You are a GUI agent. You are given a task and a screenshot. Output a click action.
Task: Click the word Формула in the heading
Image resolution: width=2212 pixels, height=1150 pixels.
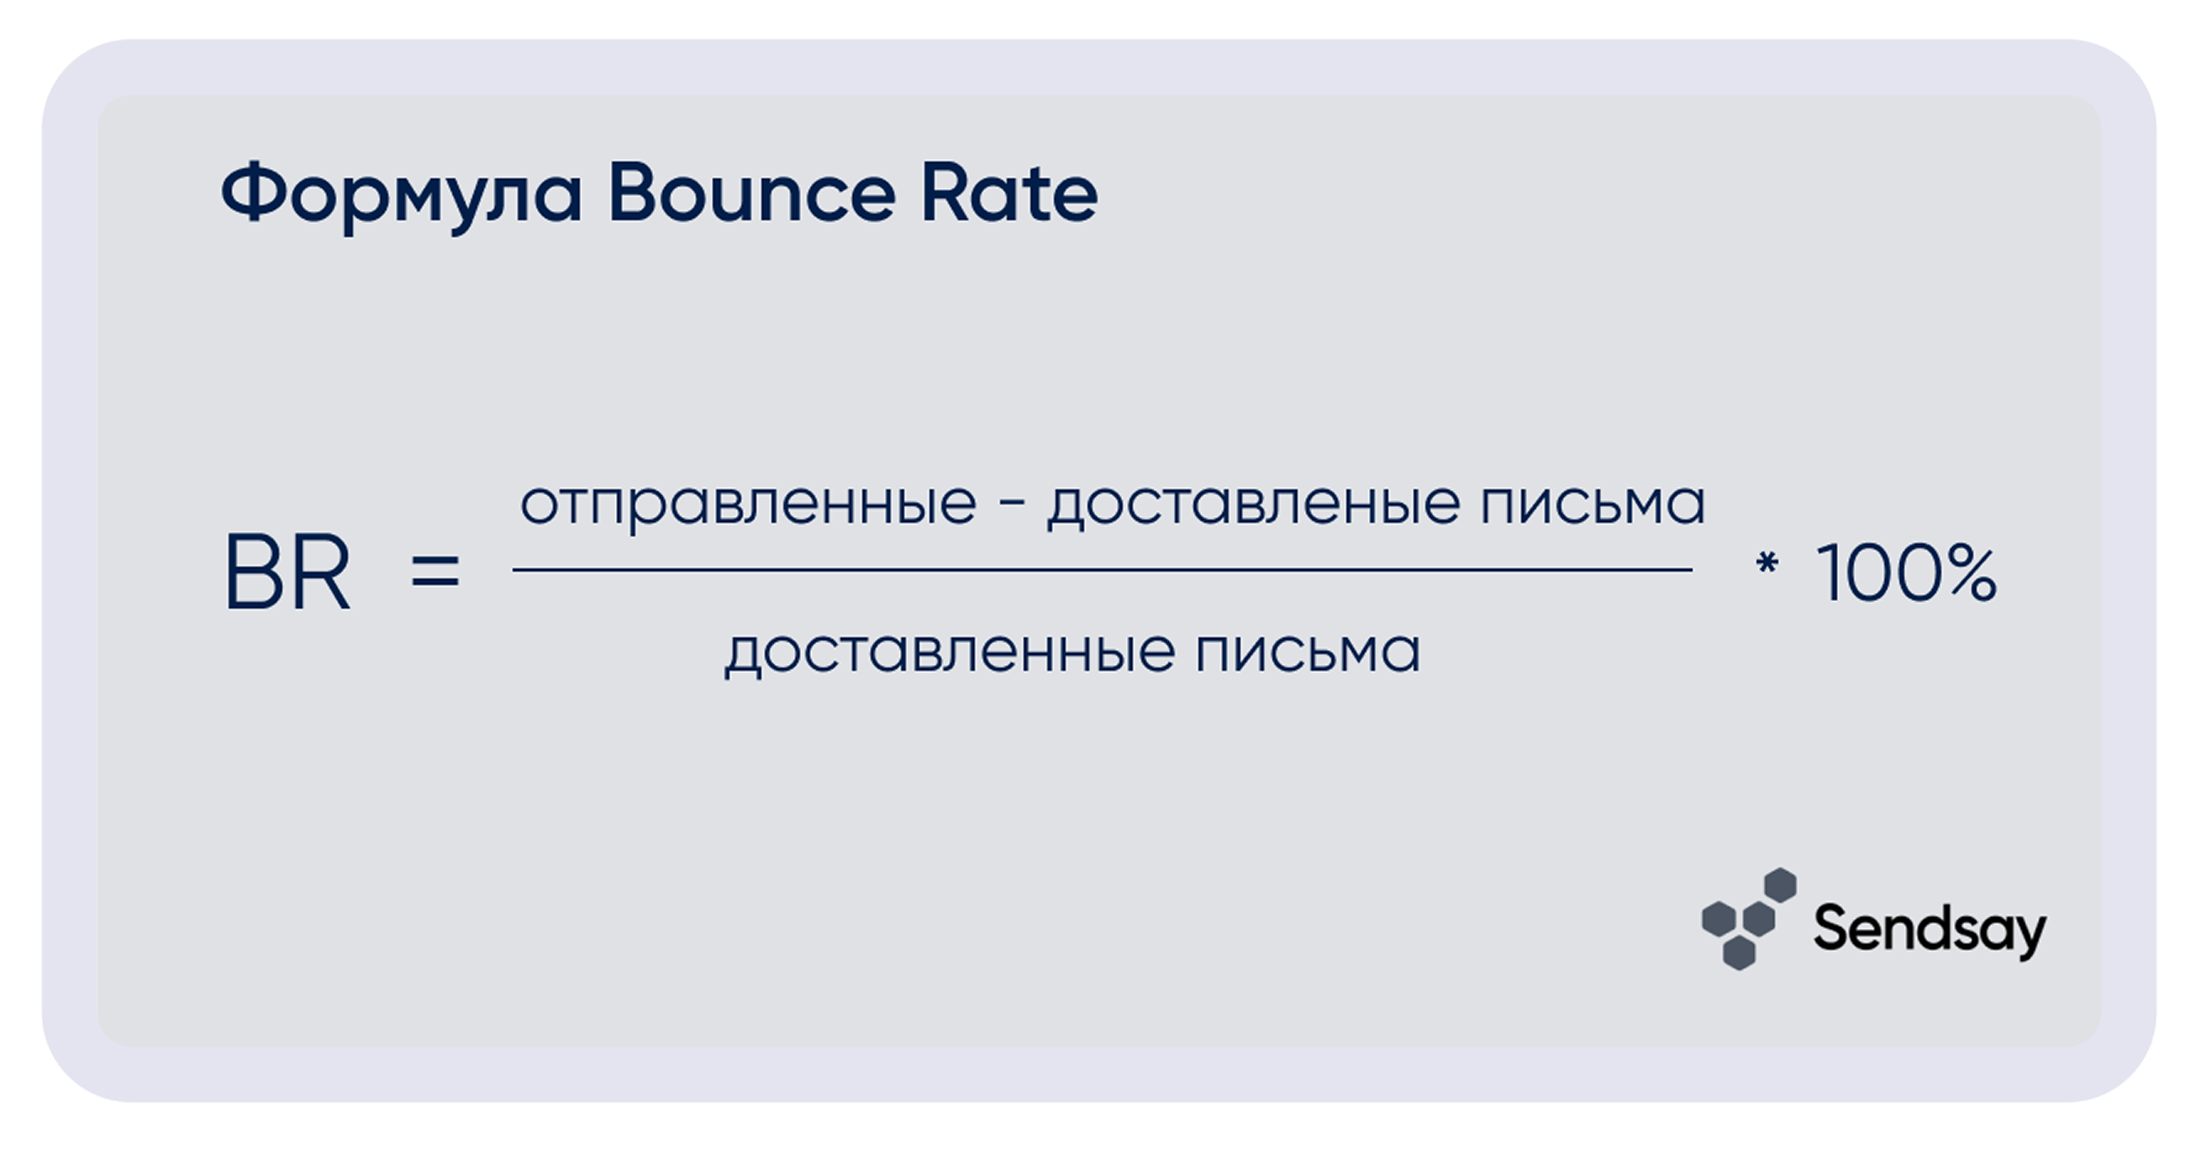[x=402, y=195]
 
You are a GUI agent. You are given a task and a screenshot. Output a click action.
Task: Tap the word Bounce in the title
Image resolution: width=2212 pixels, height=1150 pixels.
[x=752, y=193]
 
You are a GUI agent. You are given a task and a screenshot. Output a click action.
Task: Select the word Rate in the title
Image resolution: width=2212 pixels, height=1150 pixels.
[x=1010, y=193]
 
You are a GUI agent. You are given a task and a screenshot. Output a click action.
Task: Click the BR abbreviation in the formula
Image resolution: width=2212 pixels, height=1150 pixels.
[x=287, y=572]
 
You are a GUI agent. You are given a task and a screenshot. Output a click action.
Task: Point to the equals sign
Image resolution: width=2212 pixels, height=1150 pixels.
[x=435, y=572]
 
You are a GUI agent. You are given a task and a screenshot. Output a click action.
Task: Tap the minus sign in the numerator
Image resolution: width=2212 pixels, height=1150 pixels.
[x=1013, y=507]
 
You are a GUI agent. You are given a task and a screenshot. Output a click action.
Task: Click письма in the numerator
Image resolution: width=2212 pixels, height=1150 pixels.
[x=1593, y=503]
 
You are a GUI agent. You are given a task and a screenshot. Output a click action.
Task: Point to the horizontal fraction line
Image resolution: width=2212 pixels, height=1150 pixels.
[x=1103, y=569]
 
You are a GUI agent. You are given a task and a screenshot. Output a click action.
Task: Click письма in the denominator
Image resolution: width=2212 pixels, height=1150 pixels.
[x=1308, y=651]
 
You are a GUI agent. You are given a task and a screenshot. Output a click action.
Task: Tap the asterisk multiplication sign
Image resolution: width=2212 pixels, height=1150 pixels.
[x=1767, y=563]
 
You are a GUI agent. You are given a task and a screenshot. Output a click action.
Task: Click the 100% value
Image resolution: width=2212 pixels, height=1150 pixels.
[x=1907, y=572]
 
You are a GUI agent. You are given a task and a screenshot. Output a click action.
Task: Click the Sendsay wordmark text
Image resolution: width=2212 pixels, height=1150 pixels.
[x=1930, y=930]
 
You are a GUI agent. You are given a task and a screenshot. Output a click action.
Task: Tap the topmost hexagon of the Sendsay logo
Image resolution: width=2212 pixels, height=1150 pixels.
[x=1780, y=885]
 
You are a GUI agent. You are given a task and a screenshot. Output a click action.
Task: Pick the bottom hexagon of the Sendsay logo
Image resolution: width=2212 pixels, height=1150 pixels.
[x=1739, y=952]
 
